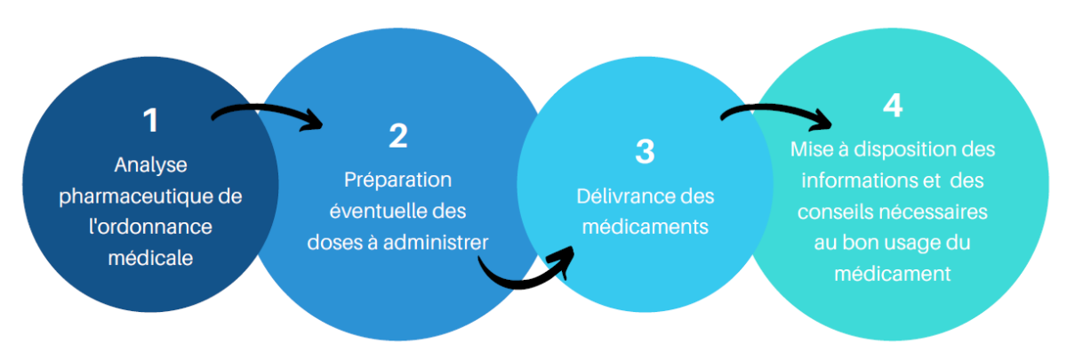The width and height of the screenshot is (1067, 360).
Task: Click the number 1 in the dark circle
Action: [150, 120]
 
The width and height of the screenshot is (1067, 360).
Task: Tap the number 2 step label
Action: [397, 135]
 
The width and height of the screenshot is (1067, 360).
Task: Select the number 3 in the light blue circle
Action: [645, 151]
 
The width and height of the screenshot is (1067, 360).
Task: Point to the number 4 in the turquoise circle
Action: [893, 105]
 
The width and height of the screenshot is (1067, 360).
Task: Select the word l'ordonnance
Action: [150, 226]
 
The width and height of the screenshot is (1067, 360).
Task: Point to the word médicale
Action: [150, 257]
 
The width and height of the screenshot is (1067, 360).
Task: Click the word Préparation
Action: [397, 180]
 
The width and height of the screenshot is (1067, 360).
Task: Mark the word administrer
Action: [439, 241]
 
